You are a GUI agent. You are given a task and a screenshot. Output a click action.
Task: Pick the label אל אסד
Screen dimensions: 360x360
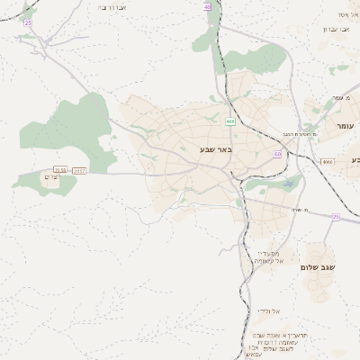[x=346, y=14]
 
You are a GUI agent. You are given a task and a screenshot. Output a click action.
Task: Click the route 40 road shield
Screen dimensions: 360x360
[x=208, y=6]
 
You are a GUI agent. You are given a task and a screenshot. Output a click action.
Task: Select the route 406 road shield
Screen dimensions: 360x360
[x=230, y=120]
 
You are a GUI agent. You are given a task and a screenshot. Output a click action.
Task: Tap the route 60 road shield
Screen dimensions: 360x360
[x=277, y=154]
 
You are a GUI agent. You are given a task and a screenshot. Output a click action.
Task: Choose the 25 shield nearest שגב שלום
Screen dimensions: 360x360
[x=335, y=217]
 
